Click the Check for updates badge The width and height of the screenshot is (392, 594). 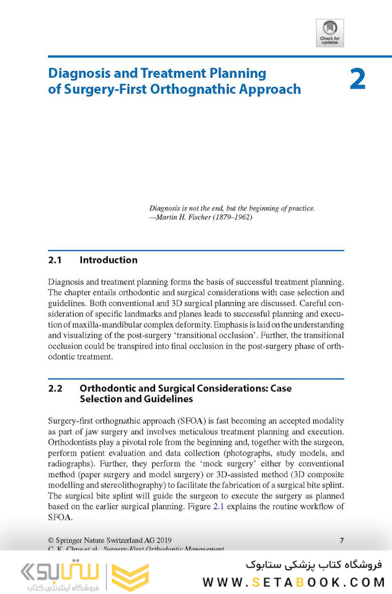tap(330, 33)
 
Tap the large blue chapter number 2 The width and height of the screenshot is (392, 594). tap(357, 79)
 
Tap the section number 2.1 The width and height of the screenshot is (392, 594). tap(55, 260)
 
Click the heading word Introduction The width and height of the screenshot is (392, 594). tap(108, 260)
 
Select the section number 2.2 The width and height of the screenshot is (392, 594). tap(55, 388)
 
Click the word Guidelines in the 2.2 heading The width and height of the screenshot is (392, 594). tap(165, 399)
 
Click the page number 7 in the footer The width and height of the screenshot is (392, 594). tap(341, 540)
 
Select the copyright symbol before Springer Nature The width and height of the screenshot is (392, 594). tap(51, 540)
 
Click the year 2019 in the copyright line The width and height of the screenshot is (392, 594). tap(169, 540)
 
